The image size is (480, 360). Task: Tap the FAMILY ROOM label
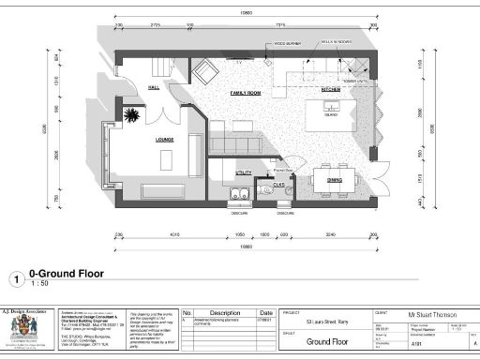(246, 95)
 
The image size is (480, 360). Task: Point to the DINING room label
(335, 178)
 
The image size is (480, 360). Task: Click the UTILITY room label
(243, 173)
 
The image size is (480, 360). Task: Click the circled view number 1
(16, 278)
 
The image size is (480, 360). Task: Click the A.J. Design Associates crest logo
(20, 328)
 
